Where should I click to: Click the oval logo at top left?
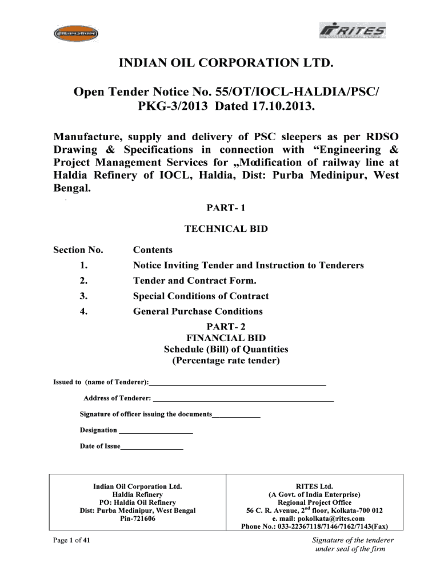pos(74,34)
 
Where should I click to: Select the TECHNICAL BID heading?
pos(226,229)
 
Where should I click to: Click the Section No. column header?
pos(78,250)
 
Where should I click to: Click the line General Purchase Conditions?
pos(198,312)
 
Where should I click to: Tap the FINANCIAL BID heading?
pos(226,338)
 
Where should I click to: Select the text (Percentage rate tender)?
pos(226,361)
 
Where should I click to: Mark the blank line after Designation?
pos(155,431)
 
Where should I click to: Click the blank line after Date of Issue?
pos(152,447)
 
